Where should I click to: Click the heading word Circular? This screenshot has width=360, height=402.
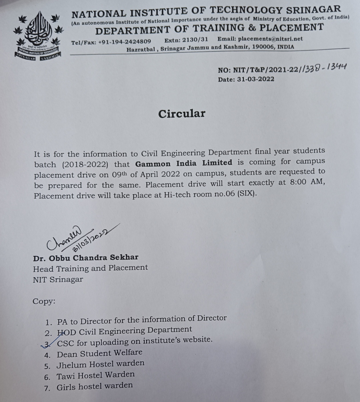(x=182, y=114)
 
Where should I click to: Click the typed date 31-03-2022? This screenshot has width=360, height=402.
(x=255, y=79)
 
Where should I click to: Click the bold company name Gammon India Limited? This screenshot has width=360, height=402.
(x=184, y=163)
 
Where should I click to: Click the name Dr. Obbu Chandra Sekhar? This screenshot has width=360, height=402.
(x=86, y=258)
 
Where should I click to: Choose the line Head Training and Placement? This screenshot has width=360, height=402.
(x=90, y=268)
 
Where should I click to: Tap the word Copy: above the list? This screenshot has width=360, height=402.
(x=44, y=302)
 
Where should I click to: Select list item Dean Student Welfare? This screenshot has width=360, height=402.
(x=99, y=353)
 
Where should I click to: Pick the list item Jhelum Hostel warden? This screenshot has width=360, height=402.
(x=100, y=364)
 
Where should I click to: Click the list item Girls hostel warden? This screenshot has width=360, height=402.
(x=95, y=386)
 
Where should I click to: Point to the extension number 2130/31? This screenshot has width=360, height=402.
(x=195, y=40)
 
